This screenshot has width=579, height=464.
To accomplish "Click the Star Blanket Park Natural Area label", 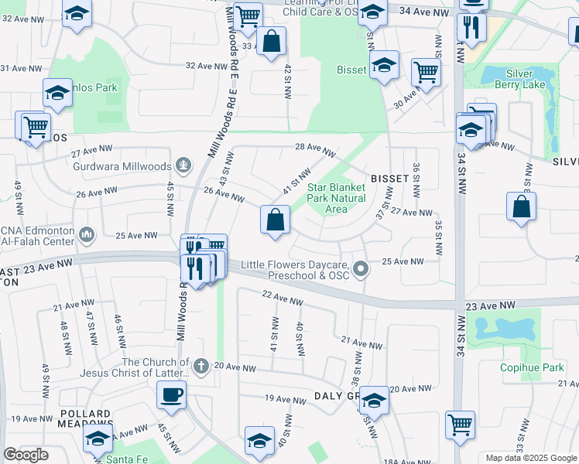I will tap(336, 198).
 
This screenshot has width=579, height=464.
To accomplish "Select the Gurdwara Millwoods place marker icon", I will tap(183, 164).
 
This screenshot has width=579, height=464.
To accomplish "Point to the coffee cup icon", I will tap(171, 394).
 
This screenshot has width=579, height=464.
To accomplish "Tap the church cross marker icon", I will tap(200, 365).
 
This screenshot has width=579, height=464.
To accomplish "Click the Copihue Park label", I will tap(532, 367).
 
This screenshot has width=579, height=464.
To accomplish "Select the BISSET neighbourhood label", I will tap(389, 179).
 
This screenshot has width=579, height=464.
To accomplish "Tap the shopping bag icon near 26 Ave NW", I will tap(275, 220).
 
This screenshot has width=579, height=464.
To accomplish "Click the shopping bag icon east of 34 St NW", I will tap(521, 207).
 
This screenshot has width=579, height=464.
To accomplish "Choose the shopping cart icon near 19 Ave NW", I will tap(460, 425).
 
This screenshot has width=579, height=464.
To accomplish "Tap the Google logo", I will tap(26, 455).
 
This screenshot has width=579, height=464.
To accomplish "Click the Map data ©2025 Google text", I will tap(531, 458).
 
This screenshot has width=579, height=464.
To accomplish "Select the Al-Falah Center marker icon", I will tap(87, 233).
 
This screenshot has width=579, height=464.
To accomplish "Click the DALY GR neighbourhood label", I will tap(337, 396).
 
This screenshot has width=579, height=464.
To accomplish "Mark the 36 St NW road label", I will tap(416, 179).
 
